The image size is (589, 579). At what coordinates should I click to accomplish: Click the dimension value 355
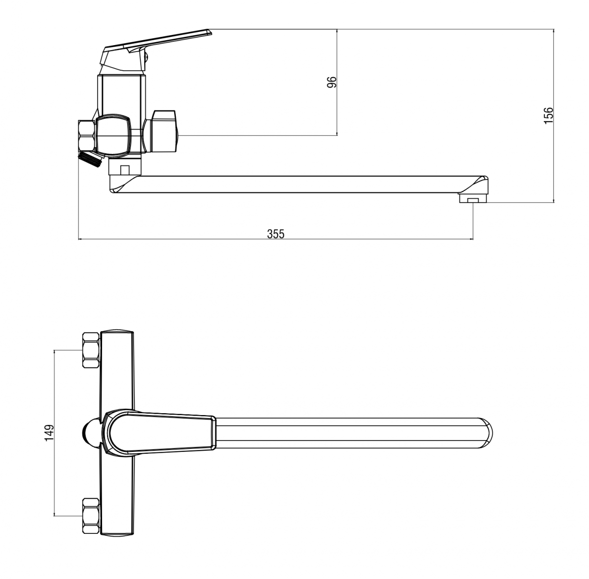pos(275,234)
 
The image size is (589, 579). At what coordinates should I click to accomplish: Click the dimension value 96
pos(332,82)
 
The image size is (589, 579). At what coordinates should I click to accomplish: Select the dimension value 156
pos(549,115)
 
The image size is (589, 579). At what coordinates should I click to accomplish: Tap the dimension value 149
pos(49,433)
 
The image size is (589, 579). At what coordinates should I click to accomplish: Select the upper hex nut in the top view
pos(91,350)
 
